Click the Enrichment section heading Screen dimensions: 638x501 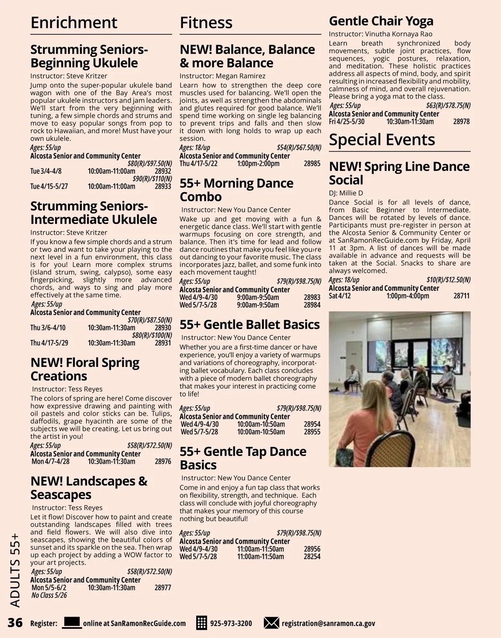coord(74,23)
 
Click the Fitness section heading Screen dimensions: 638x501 coord(206,23)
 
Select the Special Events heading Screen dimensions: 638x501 coord(382,140)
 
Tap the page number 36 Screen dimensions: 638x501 coord(15,623)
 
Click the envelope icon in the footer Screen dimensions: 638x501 coord(271,623)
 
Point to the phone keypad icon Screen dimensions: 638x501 coord(202,623)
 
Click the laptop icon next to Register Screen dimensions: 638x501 coord(72,623)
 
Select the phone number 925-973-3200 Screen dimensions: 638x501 coord(231,623)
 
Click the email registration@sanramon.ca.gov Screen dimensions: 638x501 coord(328,623)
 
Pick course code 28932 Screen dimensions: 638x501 coord(163,171)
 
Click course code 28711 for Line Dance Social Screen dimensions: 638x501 coord(461,296)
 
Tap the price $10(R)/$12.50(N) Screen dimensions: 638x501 coord(448,280)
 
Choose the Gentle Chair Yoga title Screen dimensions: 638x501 coord(381,21)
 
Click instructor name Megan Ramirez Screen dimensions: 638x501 coord(240,76)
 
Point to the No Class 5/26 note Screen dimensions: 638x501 coord(49,595)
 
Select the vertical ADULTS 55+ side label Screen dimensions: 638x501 coord(15,570)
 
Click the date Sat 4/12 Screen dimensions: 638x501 coord(340,296)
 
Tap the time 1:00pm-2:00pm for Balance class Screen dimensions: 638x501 coord(258,163)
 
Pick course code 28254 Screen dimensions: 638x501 coord(312,557)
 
